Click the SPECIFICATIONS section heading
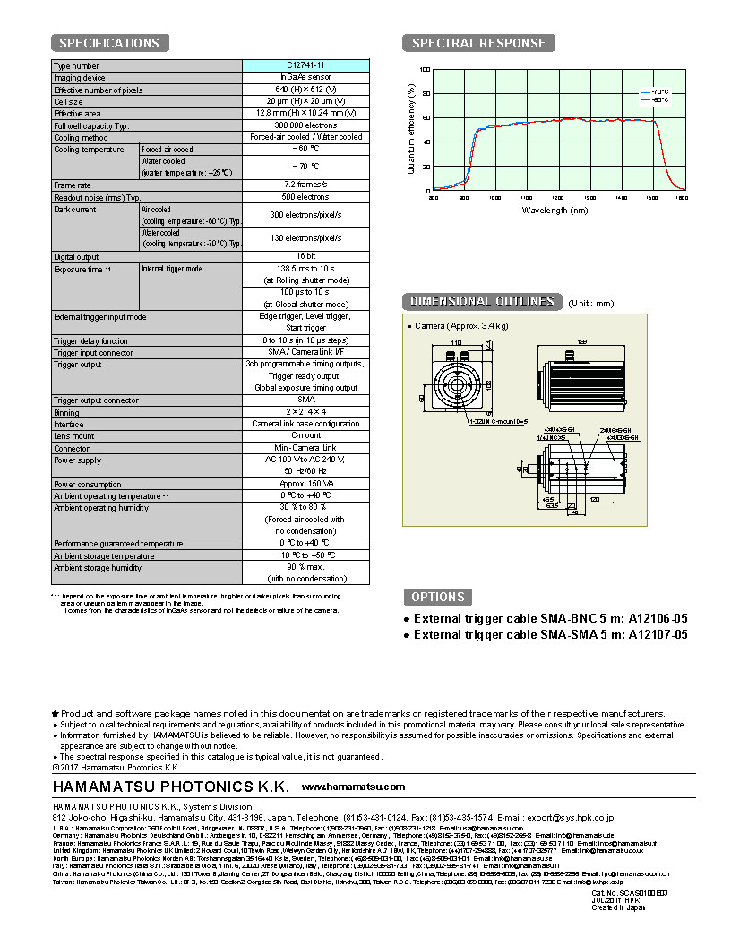point(109,43)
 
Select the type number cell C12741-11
point(305,66)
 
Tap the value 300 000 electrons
point(305,125)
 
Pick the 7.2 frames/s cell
point(305,185)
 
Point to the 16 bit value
point(305,257)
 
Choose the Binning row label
point(68,412)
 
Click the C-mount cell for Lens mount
point(305,435)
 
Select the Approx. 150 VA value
point(305,484)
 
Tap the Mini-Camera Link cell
point(305,448)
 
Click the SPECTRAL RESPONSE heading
point(478,43)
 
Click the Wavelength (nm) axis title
point(555,211)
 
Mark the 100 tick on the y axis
point(425,70)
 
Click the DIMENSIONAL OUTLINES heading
point(482,302)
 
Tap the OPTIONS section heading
point(437,597)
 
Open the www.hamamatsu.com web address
point(353,787)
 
